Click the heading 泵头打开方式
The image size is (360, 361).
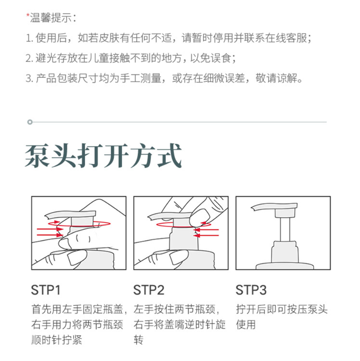103,155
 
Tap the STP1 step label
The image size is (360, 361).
46,290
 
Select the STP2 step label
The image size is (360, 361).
149,290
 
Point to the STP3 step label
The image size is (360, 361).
251,290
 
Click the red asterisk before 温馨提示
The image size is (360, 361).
28,15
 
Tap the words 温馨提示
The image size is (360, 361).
51,18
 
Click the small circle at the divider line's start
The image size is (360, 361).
30,122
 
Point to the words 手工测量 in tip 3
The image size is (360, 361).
140,78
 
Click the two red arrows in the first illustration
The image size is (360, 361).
50,232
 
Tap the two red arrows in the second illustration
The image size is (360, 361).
206,232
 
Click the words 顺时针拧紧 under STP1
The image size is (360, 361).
57,340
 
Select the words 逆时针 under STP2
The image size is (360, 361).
195,325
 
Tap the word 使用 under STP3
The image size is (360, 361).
246,325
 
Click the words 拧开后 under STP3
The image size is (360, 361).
251,309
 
